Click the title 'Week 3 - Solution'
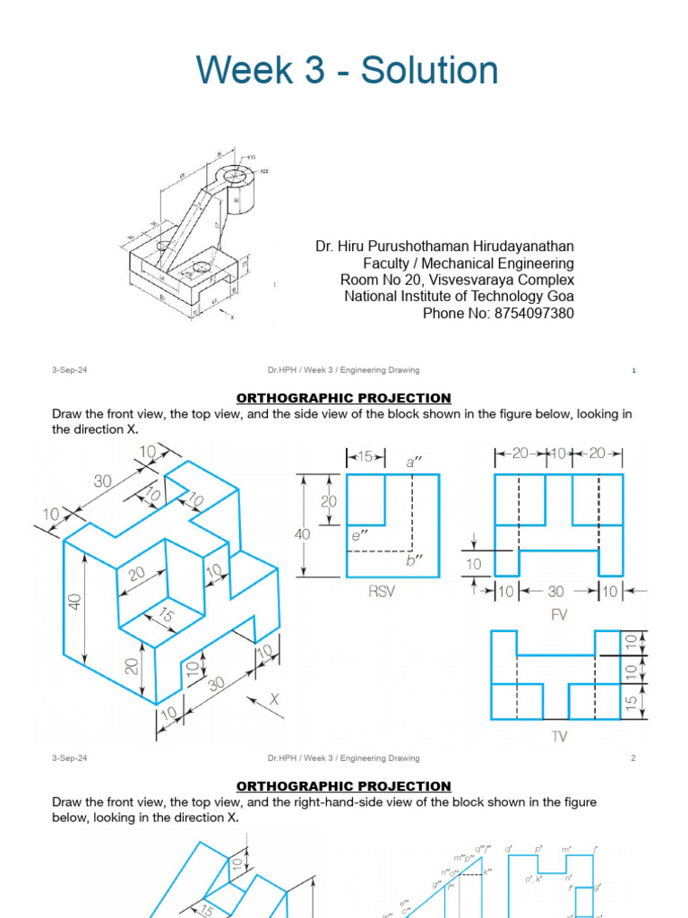[347, 70]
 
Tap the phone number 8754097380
[529, 313]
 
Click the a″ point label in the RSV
[414, 462]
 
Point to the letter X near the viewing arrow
[274, 697]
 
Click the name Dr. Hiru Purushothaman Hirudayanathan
[444, 246]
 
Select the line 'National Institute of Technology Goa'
[460, 296]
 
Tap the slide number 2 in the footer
[632, 758]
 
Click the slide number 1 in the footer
[632, 369]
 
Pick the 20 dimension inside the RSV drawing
[329, 502]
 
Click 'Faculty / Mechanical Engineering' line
[469, 263]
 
